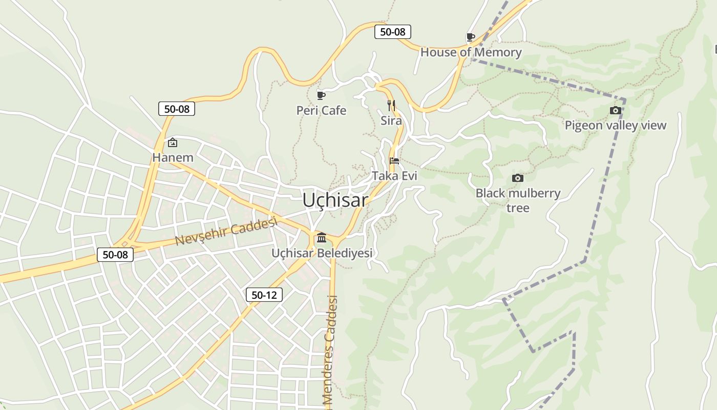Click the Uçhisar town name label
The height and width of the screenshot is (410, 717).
335,200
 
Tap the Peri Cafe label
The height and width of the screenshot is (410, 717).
321,111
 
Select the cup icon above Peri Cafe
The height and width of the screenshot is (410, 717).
321,95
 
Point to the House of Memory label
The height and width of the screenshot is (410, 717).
471,52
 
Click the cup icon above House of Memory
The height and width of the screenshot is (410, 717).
470,37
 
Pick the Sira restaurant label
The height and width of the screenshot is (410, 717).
391,121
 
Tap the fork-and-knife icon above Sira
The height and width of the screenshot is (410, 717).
391,106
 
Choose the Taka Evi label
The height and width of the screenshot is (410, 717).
394,176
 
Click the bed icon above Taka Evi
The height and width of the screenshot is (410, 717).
394,160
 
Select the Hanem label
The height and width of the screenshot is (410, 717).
173,157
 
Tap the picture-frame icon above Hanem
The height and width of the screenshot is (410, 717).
173,142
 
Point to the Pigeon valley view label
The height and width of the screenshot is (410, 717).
616,126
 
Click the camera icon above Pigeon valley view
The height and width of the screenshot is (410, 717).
616,110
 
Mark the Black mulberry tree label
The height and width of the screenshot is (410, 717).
518,200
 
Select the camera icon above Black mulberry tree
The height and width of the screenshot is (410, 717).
518,178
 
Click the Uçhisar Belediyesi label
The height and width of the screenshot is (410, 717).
322,253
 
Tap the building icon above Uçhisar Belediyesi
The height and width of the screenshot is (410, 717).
322,238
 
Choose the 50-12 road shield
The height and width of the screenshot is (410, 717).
264,295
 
